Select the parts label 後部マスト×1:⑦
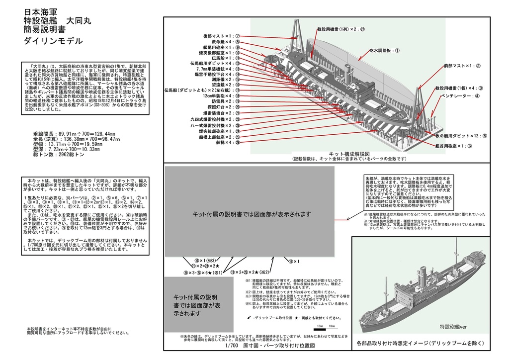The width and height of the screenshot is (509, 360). (221, 36)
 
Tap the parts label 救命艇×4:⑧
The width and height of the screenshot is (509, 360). (224, 42)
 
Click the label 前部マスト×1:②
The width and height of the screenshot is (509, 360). (462, 66)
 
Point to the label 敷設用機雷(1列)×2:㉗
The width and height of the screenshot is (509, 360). (341, 30)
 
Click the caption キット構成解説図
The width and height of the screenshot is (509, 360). (349, 154)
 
